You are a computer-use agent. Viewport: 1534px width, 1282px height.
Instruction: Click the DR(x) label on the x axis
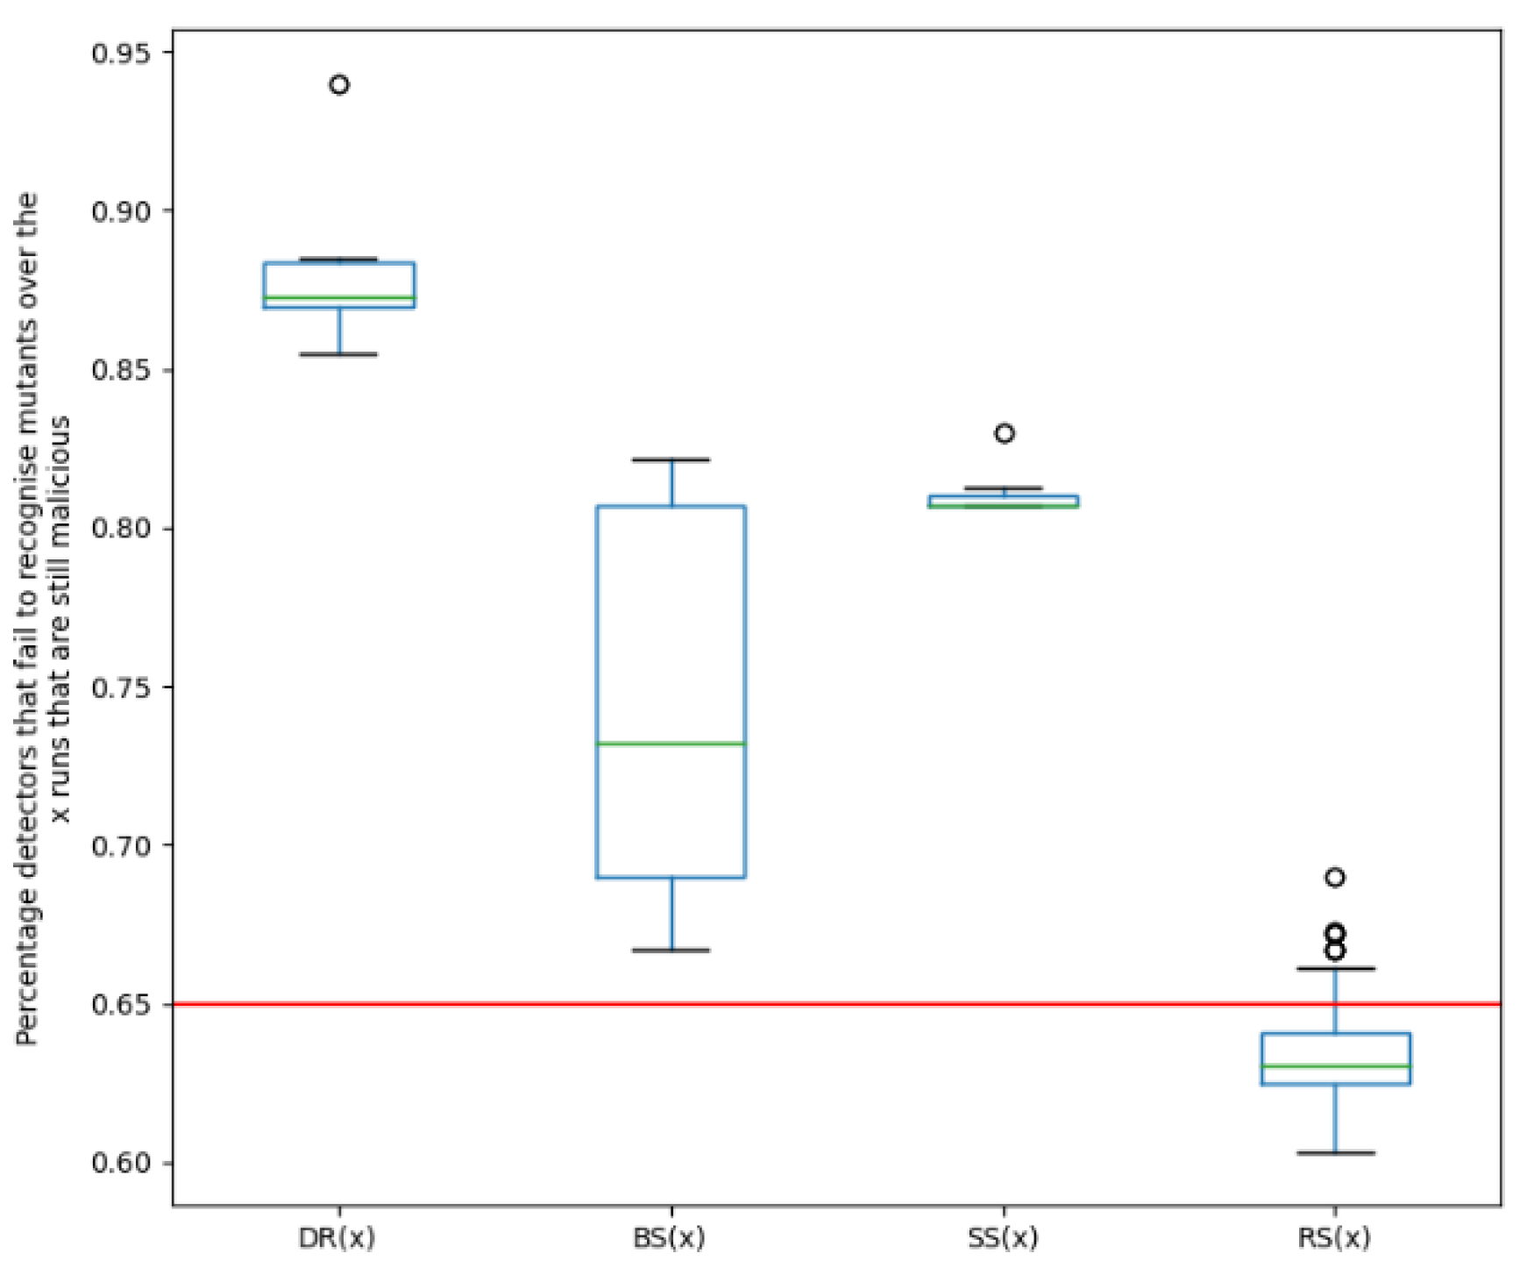point(337,1238)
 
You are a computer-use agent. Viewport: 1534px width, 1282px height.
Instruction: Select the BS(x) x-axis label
point(670,1238)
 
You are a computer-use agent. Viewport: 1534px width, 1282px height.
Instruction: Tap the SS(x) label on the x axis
point(1003,1238)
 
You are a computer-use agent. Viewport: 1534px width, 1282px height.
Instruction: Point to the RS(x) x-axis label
point(1334,1238)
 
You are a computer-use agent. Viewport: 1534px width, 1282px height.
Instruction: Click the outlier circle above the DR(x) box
point(339,85)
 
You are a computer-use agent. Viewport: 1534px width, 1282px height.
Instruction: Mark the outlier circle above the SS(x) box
point(1005,433)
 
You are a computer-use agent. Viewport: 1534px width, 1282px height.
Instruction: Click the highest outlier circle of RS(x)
point(1335,878)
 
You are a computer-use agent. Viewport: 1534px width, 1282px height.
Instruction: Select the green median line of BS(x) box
point(671,744)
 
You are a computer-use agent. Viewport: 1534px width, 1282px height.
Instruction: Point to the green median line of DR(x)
point(339,298)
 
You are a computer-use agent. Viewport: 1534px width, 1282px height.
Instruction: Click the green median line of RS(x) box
point(1336,1066)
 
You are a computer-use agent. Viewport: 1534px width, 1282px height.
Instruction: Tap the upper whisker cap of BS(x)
point(671,459)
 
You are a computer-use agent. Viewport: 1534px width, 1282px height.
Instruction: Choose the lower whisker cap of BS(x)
point(671,950)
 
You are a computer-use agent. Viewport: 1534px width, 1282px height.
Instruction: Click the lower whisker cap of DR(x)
point(339,354)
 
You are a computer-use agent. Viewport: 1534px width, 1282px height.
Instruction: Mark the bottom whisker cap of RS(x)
point(1336,1153)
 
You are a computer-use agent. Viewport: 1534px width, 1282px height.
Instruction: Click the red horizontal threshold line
point(877,1004)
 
